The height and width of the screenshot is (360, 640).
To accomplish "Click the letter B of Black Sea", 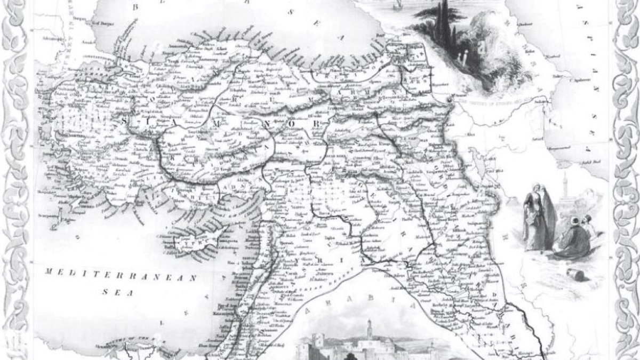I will [x=135, y=6].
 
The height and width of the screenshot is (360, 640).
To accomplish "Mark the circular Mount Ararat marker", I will [x=450, y=100].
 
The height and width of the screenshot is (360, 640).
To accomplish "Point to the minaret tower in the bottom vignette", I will [x=368, y=331].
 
